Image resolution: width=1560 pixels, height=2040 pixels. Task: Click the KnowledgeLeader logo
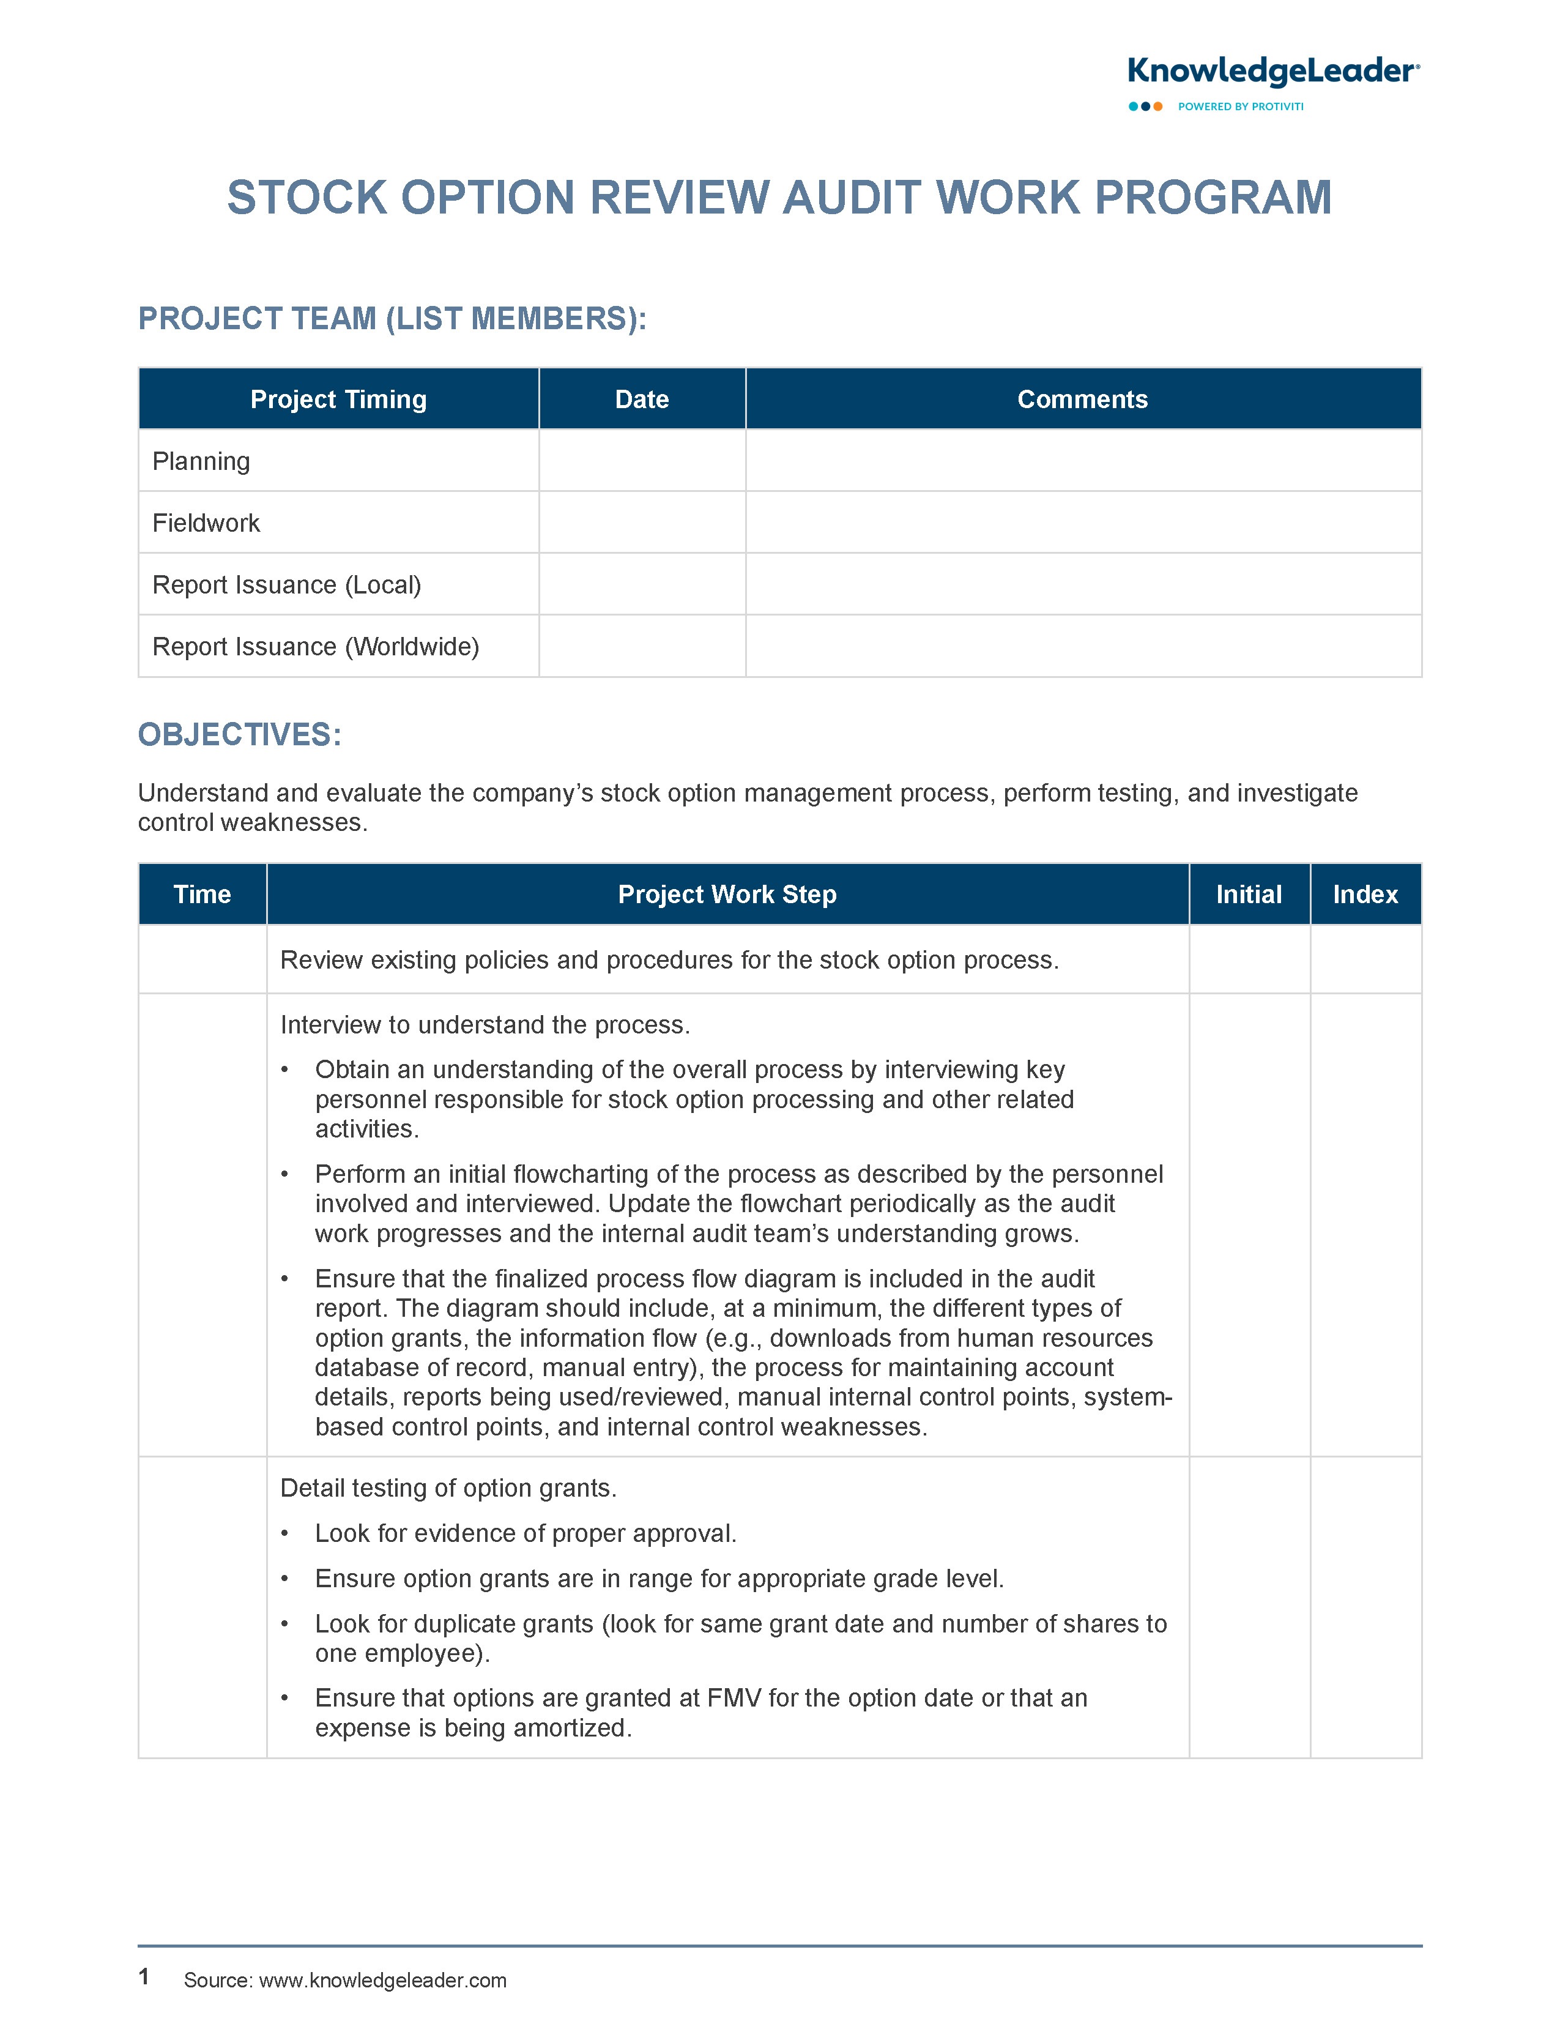pos(1272,72)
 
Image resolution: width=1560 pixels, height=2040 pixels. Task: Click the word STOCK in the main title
pos(306,198)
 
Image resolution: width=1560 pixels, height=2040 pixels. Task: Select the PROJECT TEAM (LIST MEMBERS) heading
pos(392,319)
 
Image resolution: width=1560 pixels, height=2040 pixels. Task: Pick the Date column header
pos(642,400)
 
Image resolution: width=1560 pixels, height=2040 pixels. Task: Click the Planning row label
pos(201,461)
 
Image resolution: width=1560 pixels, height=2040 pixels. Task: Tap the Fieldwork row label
pos(206,523)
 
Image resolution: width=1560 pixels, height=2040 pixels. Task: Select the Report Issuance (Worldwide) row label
pos(316,646)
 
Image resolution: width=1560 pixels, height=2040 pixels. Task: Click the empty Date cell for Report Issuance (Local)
pos(642,584)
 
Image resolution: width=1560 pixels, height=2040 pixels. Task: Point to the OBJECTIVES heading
pos(240,734)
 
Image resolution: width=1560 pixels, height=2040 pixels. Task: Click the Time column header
pos(202,894)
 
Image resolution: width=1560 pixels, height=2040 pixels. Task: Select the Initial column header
pos(1249,894)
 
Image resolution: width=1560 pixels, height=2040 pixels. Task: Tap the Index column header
pos(1365,894)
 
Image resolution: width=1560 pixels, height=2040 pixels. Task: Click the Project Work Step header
pos(727,894)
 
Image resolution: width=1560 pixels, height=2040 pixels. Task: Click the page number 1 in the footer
pos(144,1977)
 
